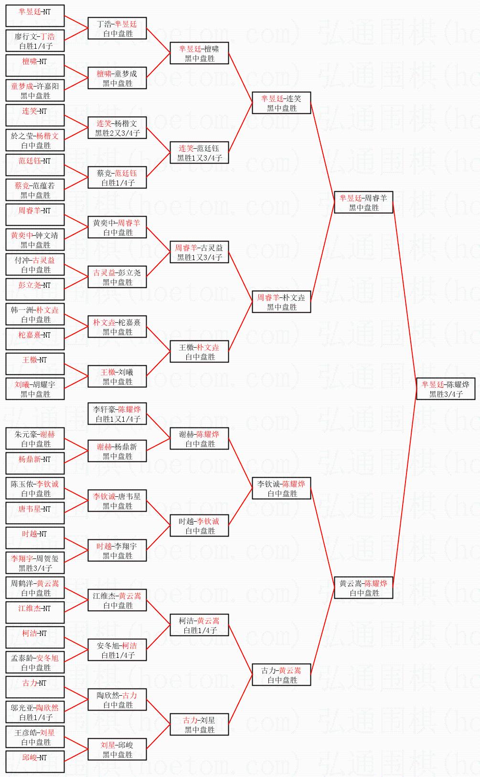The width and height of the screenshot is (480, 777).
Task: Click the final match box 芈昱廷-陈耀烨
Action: [445, 389]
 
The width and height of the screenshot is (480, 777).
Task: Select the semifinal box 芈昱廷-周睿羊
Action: [363, 202]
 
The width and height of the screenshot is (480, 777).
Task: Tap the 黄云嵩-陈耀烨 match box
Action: [363, 588]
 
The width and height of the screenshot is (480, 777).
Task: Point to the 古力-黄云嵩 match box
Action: [281, 675]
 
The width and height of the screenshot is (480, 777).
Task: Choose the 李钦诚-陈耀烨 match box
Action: [281, 488]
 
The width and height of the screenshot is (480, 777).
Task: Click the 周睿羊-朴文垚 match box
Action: [281, 302]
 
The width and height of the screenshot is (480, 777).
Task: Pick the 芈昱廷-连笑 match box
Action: [281, 103]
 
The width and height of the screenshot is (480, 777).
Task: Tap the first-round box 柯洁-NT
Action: [35, 637]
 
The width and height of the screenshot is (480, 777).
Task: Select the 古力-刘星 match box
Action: [199, 724]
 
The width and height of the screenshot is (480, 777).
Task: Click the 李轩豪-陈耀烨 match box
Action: [117, 414]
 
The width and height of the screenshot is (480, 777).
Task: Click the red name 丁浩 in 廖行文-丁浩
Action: [48, 36]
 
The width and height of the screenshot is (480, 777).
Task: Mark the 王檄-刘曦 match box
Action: [117, 376]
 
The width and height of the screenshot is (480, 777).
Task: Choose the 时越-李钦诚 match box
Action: [199, 525]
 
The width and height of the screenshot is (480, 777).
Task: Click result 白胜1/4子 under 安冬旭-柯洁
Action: [118, 655]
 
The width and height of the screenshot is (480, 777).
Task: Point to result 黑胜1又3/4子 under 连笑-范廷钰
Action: [200, 158]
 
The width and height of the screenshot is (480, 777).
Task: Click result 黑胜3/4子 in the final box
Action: [446, 394]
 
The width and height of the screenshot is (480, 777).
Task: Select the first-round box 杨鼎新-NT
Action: [35, 463]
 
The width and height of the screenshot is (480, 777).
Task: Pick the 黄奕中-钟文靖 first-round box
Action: [35, 240]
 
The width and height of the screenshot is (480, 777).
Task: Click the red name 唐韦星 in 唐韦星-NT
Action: [30, 509]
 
